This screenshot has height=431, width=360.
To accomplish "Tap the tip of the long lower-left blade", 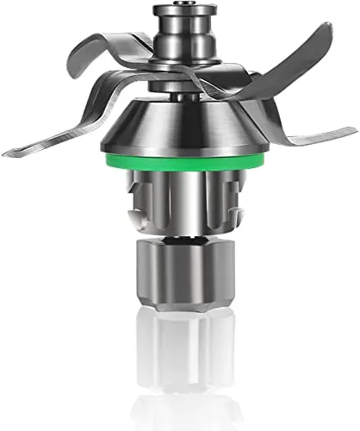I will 7,153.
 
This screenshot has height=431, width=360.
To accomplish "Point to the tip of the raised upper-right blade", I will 328,28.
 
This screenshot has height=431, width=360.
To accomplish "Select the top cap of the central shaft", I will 179,14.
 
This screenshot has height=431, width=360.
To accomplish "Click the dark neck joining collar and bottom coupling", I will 179,232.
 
